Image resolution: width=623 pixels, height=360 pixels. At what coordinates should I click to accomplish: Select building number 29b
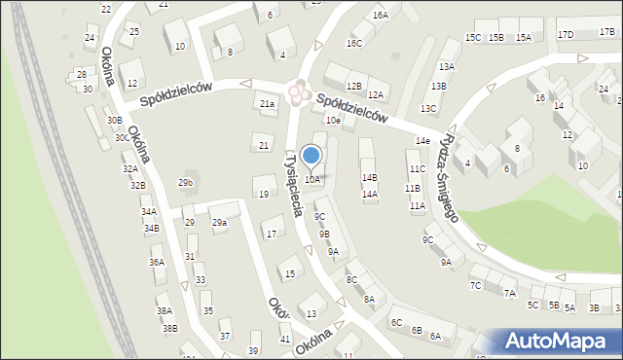(x=185, y=182)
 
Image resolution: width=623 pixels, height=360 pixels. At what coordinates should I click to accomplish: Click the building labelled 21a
(x=267, y=103)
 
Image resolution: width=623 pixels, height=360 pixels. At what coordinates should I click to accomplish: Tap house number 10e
(x=333, y=120)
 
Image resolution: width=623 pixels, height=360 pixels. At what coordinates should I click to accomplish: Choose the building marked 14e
(x=422, y=141)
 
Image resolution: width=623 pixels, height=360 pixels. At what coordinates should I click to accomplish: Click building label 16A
(x=381, y=16)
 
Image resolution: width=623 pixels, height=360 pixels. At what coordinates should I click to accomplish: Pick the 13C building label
(x=428, y=108)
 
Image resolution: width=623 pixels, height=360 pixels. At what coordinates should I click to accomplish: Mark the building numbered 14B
(x=369, y=177)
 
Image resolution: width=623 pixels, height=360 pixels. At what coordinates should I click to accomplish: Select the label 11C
(x=417, y=168)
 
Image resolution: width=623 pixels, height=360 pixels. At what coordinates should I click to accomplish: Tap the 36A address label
(x=157, y=262)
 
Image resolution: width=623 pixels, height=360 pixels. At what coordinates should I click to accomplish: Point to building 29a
(x=220, y=223)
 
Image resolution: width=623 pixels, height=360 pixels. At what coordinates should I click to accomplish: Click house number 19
(x=264, y=194)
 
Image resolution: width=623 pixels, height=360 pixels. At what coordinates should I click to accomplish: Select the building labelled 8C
(x=351, y=279)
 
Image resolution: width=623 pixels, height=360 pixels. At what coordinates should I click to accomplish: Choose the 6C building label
(x=396, y=322)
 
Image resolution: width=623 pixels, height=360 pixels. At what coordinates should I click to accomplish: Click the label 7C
(x=476, y=285)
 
